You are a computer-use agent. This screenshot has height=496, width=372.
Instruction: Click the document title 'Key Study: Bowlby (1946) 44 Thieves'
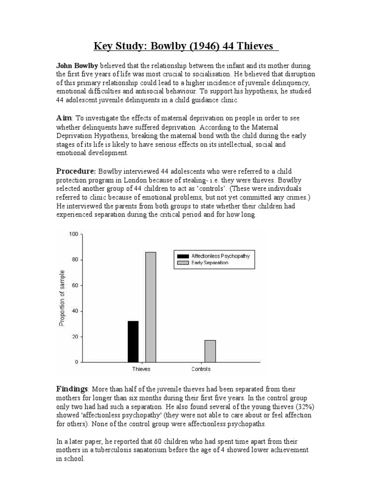(x=186, y=47)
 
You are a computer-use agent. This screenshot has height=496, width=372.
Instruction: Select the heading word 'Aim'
(x=64, y=118)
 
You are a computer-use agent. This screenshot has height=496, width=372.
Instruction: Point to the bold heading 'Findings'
(x=72, y=389)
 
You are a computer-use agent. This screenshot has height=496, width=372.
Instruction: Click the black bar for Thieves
(x=133, y=341)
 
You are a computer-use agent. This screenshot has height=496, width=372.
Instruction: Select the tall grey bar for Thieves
(x=150, y=307)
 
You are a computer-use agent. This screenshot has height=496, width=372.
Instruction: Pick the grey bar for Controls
(x=210, y=351)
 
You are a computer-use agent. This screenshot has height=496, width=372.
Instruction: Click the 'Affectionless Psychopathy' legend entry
(x=220, y=256)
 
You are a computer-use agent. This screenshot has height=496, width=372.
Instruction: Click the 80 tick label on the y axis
(x=75, y=260)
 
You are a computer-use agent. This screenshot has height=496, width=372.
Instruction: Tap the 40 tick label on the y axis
(x=75, y=311)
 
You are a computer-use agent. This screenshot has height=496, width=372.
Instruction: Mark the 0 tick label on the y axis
(x=76, y=362)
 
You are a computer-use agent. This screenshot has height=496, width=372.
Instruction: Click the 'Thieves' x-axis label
(x=141, y=370)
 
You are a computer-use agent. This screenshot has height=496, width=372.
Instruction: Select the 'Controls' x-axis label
(x=201, y=370)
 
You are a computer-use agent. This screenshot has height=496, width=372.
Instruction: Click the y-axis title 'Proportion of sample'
(x=62, y=298)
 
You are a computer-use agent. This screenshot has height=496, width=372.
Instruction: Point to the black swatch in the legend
(x=183, y=256)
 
